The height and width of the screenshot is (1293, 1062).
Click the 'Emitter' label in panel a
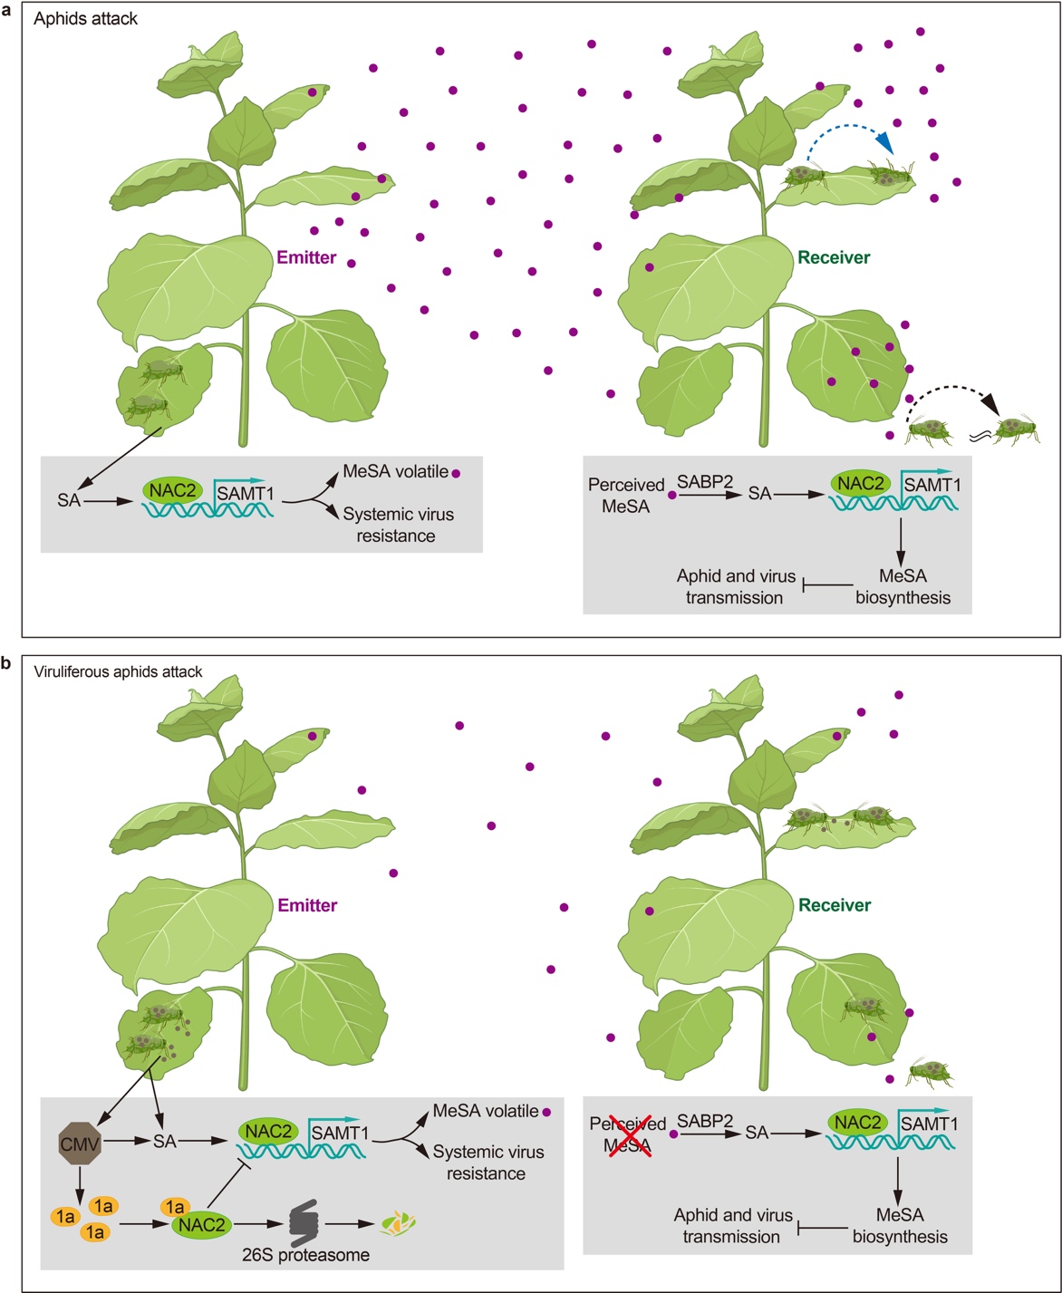(x=307, y=258)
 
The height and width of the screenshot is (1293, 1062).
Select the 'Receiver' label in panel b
(x=834, y=905)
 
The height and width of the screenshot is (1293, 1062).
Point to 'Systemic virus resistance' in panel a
(x=399, y=525)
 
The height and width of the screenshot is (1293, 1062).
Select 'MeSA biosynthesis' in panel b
(x=900, y=1225)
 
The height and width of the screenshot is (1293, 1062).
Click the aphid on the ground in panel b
(x=932, y=1073)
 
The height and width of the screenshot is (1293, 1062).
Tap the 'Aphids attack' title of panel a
(x=85, y=18)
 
